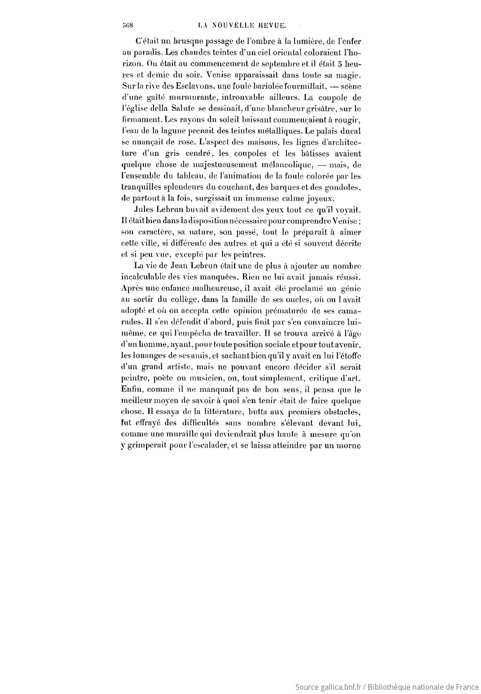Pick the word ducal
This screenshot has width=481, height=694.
pyautogui.click(x=351, y=131)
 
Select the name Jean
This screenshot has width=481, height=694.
pyautogui.click(x=176, y=266)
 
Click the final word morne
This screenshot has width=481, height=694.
pyautogui.click(x=349, y=446)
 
